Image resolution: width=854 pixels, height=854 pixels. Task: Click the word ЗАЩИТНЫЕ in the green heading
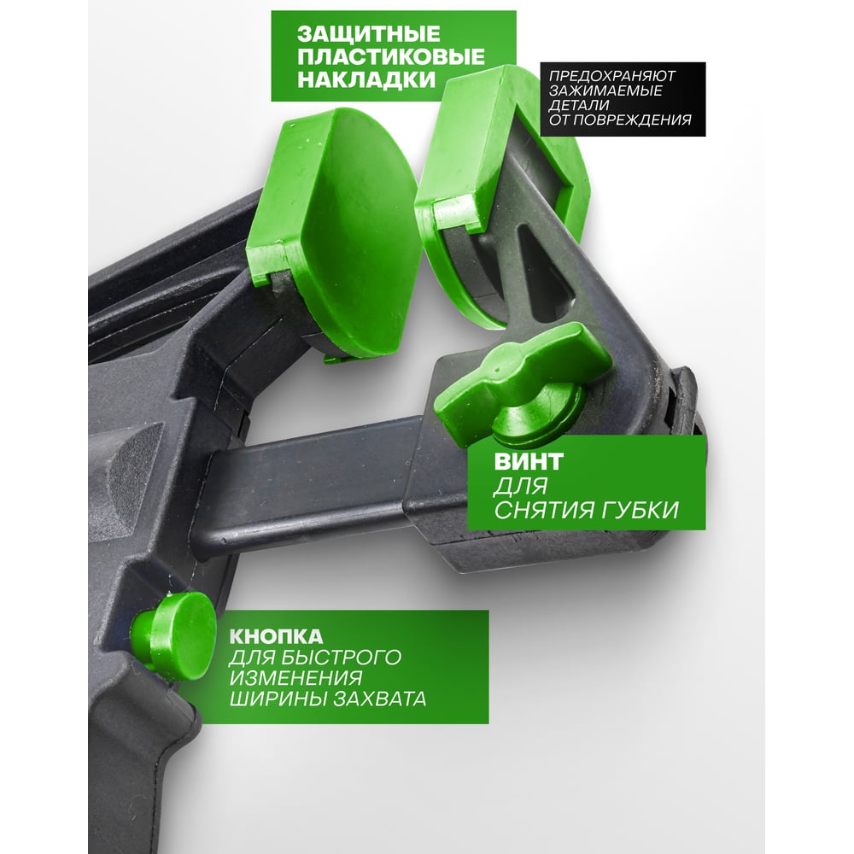point(369,34)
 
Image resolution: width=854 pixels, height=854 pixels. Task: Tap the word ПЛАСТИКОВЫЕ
point(390,56)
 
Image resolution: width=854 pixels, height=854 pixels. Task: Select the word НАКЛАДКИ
point(366,79)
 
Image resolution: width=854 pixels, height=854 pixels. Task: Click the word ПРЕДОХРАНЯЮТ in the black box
point(612,76)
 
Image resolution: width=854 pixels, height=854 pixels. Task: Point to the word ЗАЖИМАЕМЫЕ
point(605,91)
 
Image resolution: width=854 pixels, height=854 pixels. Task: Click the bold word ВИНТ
point(529,462)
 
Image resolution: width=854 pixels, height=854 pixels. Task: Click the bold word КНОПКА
point(276,636)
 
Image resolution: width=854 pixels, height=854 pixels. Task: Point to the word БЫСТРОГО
point(342,658)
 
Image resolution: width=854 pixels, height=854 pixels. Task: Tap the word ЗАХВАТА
point(380,699)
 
